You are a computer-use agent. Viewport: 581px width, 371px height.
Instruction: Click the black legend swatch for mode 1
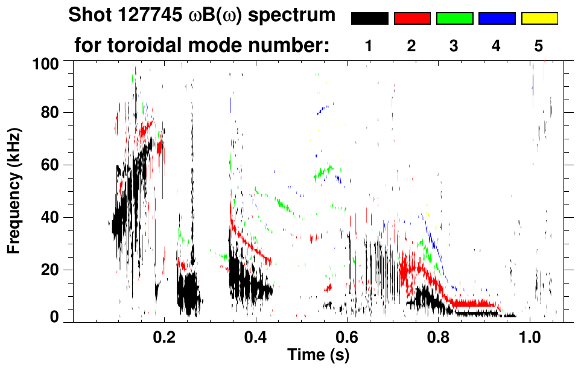coord(369,19)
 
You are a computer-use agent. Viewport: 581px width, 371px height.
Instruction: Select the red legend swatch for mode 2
coord(412,19)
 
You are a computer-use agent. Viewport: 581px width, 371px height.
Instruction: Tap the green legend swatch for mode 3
coord(454,19)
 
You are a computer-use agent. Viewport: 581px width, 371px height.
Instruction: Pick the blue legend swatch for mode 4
coord(497,19)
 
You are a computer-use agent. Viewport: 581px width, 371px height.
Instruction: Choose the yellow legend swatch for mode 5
coord(539,19)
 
